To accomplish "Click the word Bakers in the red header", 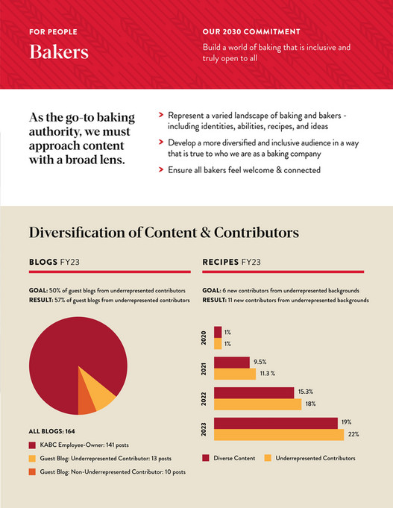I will tap(58, 53).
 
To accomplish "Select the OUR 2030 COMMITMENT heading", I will tap(251, 32).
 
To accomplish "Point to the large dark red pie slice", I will tap(63, 358).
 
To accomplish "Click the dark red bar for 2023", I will tap(275, 423).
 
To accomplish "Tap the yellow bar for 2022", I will tap(257, 404).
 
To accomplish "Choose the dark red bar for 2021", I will tap(231, 362).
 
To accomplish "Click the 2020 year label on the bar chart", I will tap(205, 338).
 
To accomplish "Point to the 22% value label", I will tap(353, 435).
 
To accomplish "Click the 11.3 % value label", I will tap(268, 373).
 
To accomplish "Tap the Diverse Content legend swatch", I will tap(206, 457).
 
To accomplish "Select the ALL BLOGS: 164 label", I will tap(52, 431).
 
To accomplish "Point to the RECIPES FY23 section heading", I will tap(241, 262).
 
